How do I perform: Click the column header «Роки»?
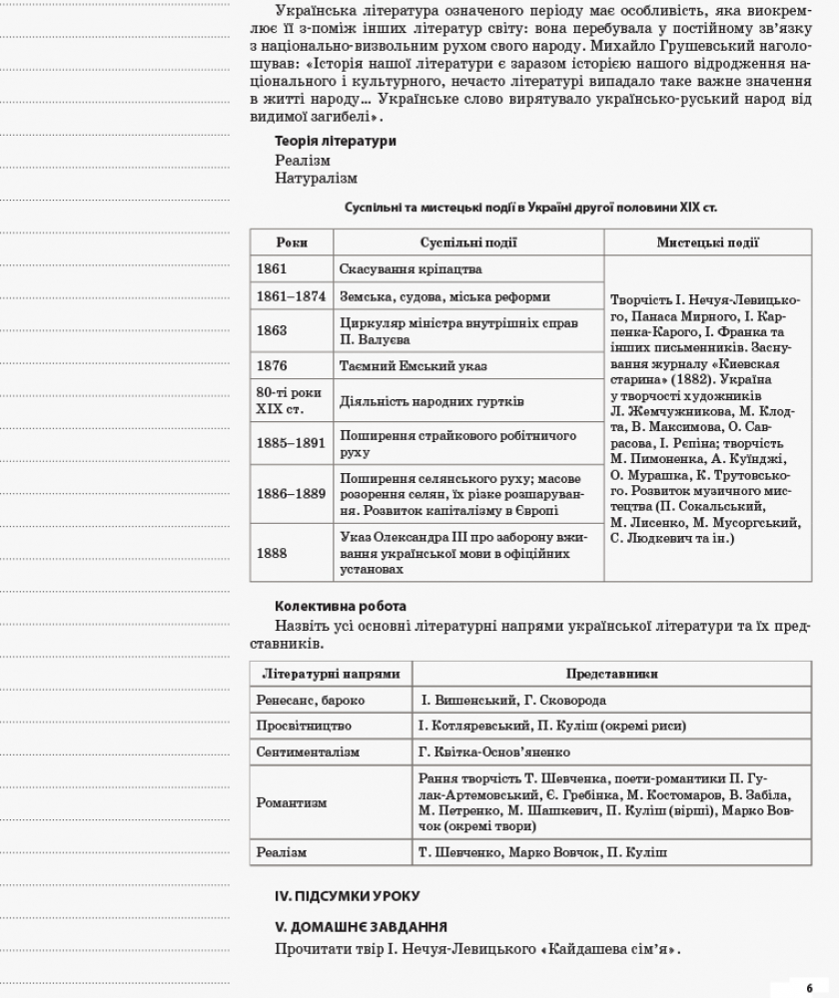[291, 243]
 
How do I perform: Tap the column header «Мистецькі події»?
[707, 243]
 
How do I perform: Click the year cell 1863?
[272, 331]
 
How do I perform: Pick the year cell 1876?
[272, 366]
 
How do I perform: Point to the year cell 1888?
[272, 553]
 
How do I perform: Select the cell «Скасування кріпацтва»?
[411, 269]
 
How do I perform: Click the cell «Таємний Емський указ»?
[414, 366]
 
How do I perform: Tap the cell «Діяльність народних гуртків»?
[431, 401]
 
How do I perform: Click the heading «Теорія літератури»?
[335, 142]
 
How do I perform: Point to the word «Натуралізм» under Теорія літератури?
[316, 179]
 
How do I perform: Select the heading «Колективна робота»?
[341, 607]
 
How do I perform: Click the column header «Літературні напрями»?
[330, 675]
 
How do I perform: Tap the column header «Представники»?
[611, 675]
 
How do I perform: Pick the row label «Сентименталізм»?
[308, 751]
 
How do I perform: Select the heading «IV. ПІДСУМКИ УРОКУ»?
[348, 896]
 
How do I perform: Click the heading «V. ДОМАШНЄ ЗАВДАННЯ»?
[361, 927]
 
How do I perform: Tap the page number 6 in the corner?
[810, 986]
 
